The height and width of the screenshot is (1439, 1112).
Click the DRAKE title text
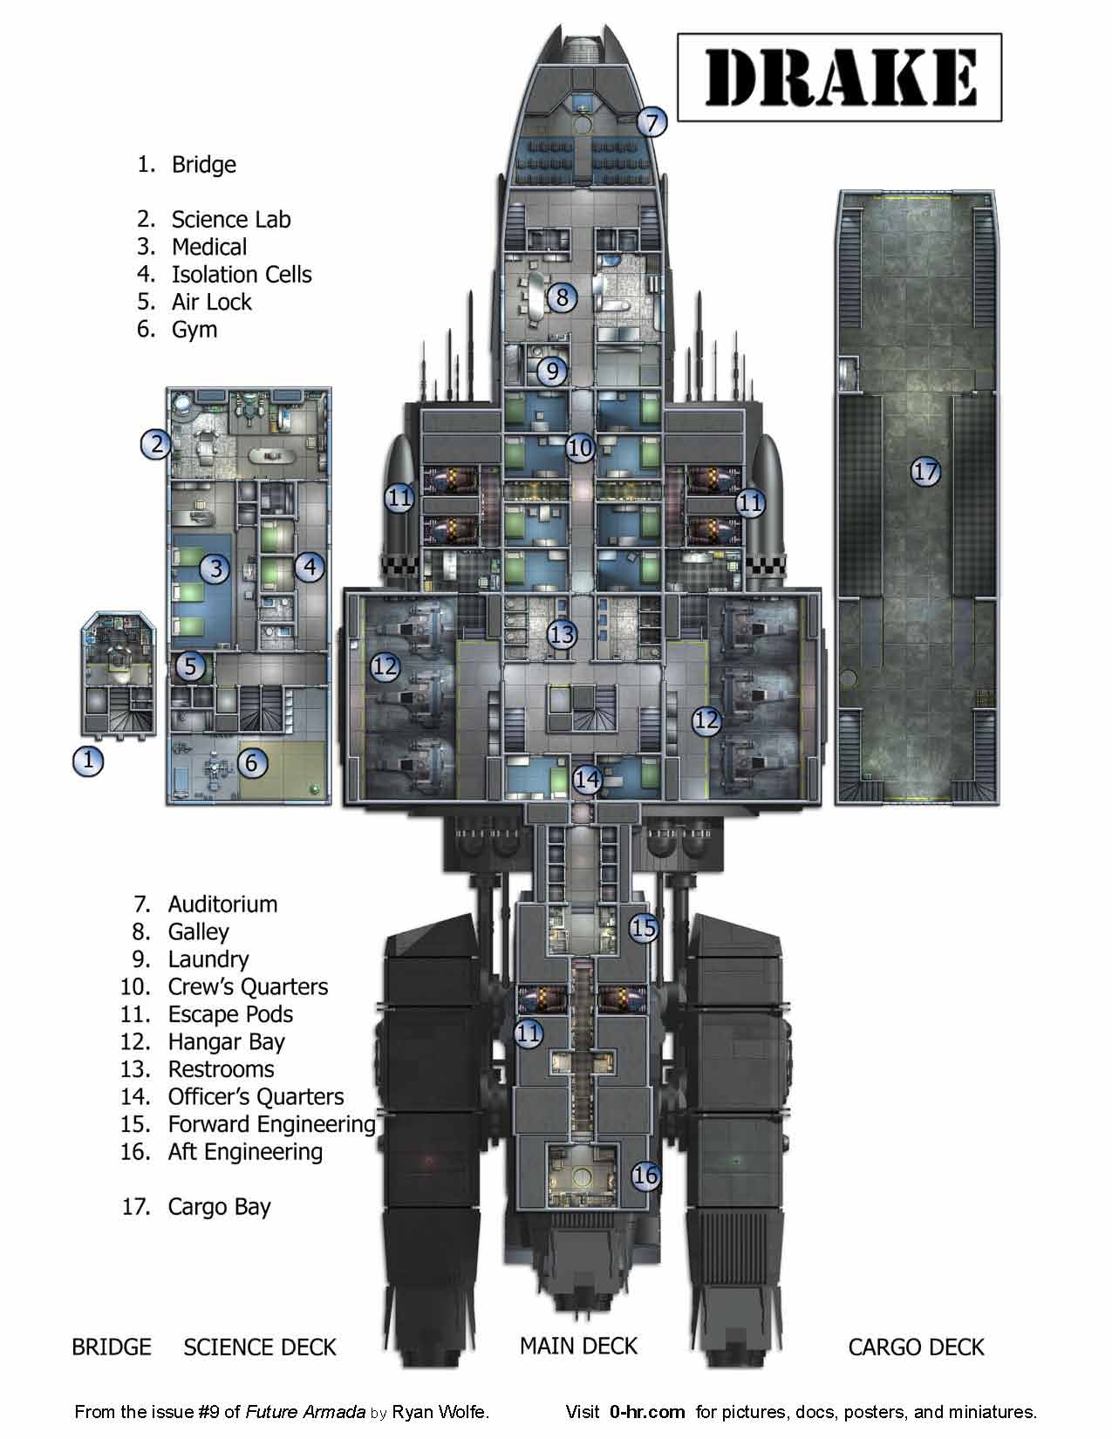point(839,77)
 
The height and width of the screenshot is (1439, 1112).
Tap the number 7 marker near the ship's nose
point(652,121)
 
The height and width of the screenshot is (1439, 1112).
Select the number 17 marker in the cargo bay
point(925,472)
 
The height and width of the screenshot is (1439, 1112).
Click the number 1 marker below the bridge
point(87,760)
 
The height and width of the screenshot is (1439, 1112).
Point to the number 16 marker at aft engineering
point(645,1176)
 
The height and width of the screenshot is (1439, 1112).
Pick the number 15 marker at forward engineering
point(643,927)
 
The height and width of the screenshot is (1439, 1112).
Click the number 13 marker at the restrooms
point(563,634)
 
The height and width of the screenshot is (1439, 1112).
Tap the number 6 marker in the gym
point(251,764)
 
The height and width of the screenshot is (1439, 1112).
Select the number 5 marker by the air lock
point(189,667)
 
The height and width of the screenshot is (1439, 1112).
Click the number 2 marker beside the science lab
point(157,445)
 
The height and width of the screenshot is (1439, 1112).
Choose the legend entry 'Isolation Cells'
point(241,275)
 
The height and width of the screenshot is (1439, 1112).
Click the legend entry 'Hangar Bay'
point(226,1041)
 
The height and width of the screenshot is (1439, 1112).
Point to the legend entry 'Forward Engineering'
point(271,1124)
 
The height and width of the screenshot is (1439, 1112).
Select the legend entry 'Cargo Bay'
point(219,1207)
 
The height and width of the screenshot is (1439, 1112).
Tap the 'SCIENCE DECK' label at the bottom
point(259,1347)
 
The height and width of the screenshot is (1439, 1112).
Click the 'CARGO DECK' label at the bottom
point(916,1347)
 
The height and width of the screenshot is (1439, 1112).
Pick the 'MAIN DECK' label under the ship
point(578,1346)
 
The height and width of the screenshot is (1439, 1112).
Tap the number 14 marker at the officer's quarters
point(588,779)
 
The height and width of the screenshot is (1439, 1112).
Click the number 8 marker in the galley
point(562,297)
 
